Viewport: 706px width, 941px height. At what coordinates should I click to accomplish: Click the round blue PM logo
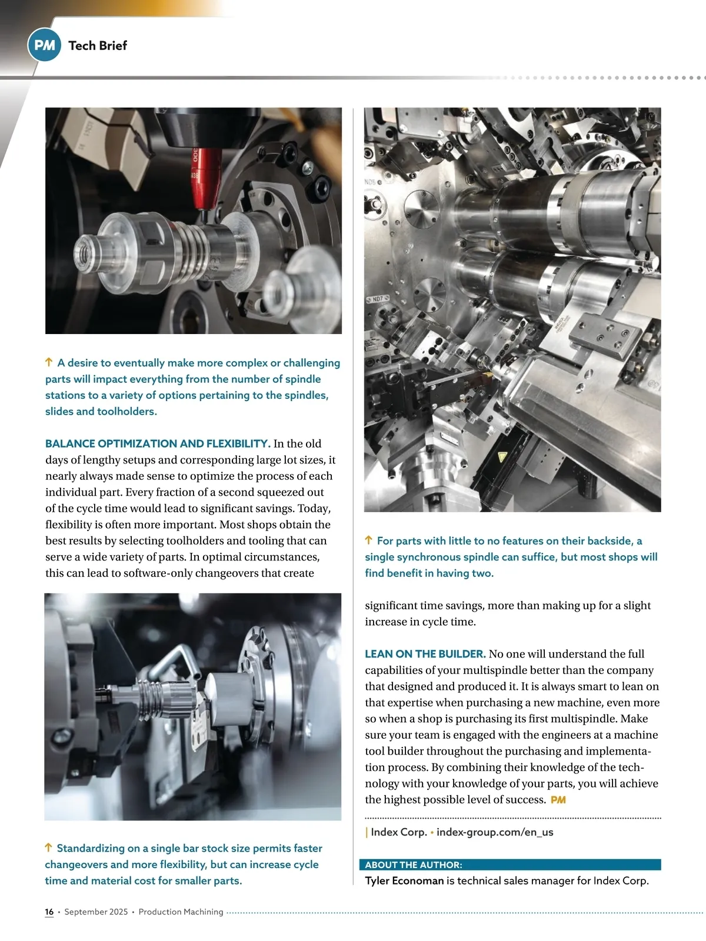[x=44, y=45]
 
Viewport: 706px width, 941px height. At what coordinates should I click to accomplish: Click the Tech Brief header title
[x=98, y=45]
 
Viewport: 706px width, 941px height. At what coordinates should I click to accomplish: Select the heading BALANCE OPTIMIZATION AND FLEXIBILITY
[x=158, y=443]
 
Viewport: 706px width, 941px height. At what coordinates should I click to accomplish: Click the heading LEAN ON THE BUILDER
[x=425, y=654]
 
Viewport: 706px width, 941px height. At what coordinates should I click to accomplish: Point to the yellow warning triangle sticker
[x=502, y=456]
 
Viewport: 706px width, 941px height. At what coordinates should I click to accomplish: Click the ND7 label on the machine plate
[x=377, y=299]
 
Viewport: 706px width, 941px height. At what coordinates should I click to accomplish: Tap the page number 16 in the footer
[x=49, y=912]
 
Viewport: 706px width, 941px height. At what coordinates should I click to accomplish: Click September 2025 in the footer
[x=96, y=912]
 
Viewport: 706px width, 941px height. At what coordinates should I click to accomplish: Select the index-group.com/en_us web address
[x=495, y=832]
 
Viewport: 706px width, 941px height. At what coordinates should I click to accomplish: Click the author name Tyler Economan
[x=404, y=880]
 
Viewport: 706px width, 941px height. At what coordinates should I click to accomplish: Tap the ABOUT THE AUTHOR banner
[x=510, y=865]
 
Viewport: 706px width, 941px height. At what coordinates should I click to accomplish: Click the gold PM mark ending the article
[x=558, y=799]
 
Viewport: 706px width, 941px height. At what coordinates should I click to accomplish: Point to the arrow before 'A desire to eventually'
[x=49, y=362]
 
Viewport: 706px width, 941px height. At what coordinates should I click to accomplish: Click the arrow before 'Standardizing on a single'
[x=48, y=847]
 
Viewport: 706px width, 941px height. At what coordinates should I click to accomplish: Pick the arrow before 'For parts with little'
[x=369, y=540]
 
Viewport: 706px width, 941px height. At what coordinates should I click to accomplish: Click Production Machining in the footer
[x=181, y=912]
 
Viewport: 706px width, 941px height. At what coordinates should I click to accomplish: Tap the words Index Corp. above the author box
[x=399, y=832]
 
